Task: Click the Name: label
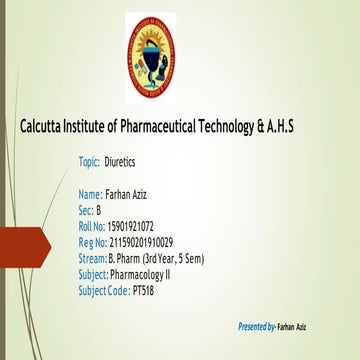(90, 193)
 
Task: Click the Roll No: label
(91, 226)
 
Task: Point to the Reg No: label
(92, 242)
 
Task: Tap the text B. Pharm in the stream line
(124, 258)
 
